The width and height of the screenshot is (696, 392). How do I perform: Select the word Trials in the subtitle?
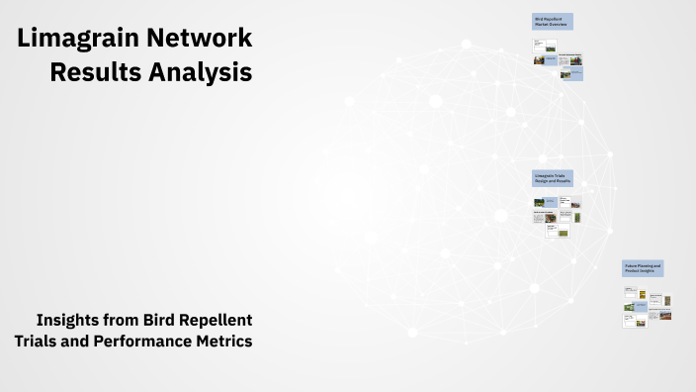(39, 341)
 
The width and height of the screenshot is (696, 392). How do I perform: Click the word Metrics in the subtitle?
(223, 341)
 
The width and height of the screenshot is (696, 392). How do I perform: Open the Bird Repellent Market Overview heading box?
(552, 22)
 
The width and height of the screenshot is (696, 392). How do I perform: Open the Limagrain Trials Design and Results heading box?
(554, 179)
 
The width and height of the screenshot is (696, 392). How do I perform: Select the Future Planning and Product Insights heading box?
(643, 268)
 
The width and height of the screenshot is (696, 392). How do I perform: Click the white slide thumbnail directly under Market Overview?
(544, 46)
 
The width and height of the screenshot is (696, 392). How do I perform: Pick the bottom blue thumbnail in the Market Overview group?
(570, 73)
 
